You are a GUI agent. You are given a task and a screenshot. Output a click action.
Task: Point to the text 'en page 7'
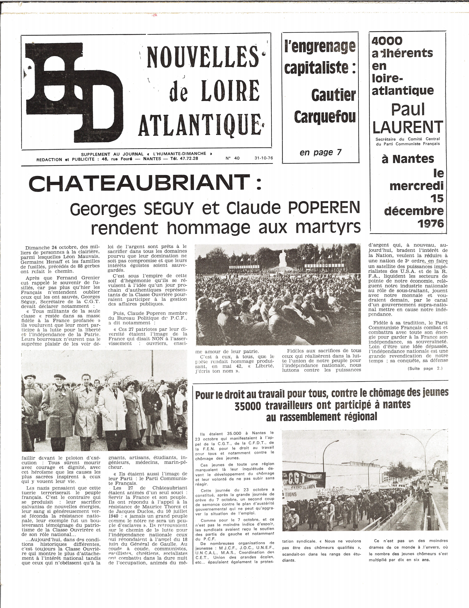[320, 152]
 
